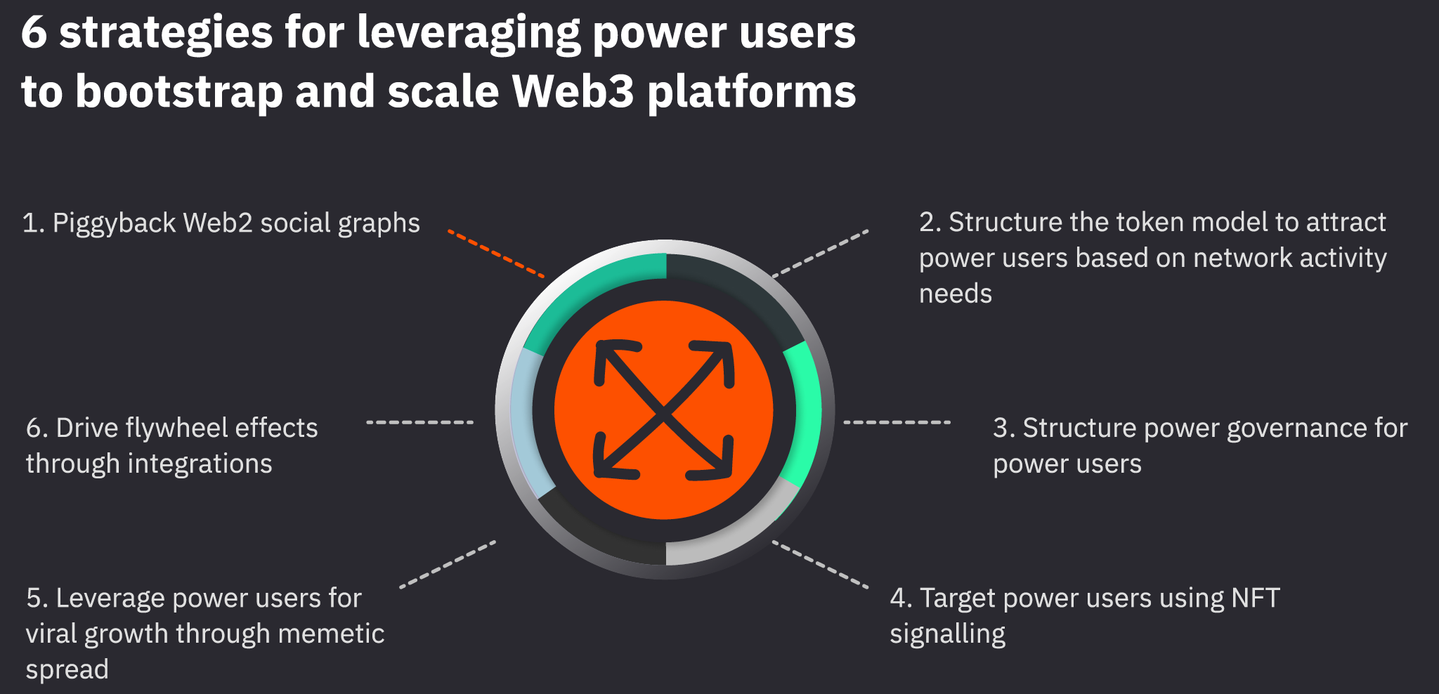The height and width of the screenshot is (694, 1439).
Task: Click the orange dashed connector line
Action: click(x=496, y=254)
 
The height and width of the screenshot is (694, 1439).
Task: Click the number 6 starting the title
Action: click(x=34, y=33)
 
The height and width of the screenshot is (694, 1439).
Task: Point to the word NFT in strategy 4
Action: click(x=1255, y=598)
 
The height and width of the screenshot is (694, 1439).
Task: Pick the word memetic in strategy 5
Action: click(x=331, y=634)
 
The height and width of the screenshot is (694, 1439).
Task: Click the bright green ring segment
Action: click(x=805, y=414)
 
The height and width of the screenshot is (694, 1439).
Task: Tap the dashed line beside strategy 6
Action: click(x=420, y=422)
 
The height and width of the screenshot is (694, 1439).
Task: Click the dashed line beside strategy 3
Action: click(x=897, y=422)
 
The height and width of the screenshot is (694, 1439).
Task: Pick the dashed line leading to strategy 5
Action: click(x=448, y=564)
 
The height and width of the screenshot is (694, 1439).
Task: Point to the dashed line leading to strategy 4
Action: click(x=820, y=564)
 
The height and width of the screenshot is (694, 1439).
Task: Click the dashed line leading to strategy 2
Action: click(x=820, y=254)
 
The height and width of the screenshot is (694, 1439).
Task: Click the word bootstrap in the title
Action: click(x=178, y=92)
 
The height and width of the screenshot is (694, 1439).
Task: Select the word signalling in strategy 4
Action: click(x=947, y=634)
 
